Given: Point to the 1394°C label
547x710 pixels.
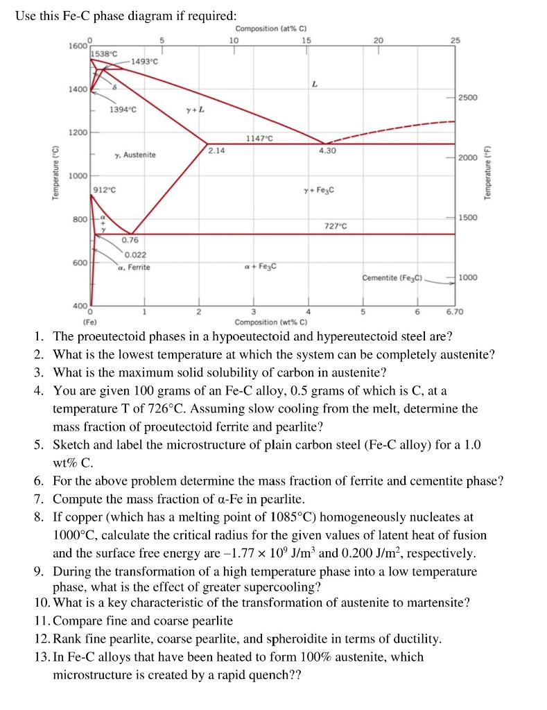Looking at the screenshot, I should (123, 110).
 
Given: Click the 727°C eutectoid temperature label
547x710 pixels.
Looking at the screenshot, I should (335, 226).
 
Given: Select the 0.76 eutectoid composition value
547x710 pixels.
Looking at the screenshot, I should (130, 240).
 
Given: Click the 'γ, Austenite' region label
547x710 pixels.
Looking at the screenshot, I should (135, 155).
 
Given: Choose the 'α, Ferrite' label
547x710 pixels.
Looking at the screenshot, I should (134, 266).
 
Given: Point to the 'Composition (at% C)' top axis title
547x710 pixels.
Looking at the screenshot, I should (271, 28).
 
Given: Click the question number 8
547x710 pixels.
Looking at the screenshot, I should (39, 517).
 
